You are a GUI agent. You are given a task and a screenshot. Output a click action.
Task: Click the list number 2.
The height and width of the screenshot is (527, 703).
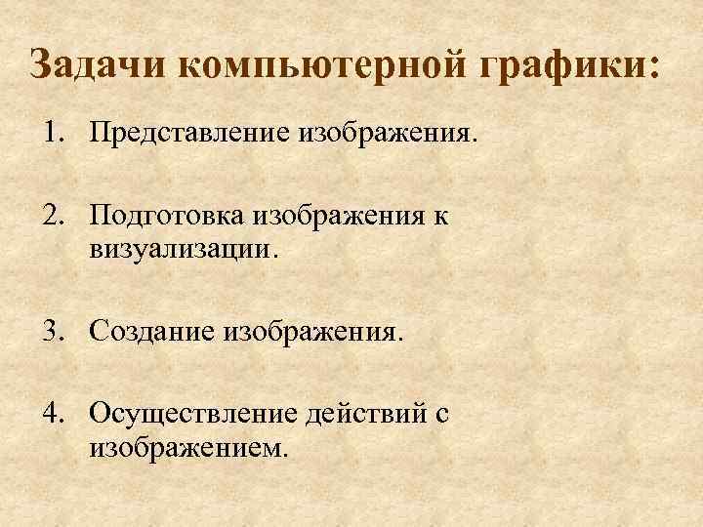point(51,216)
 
